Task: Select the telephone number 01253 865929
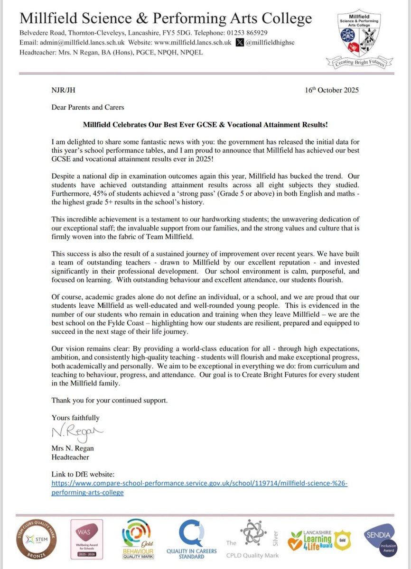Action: click(x=244, y=34)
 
